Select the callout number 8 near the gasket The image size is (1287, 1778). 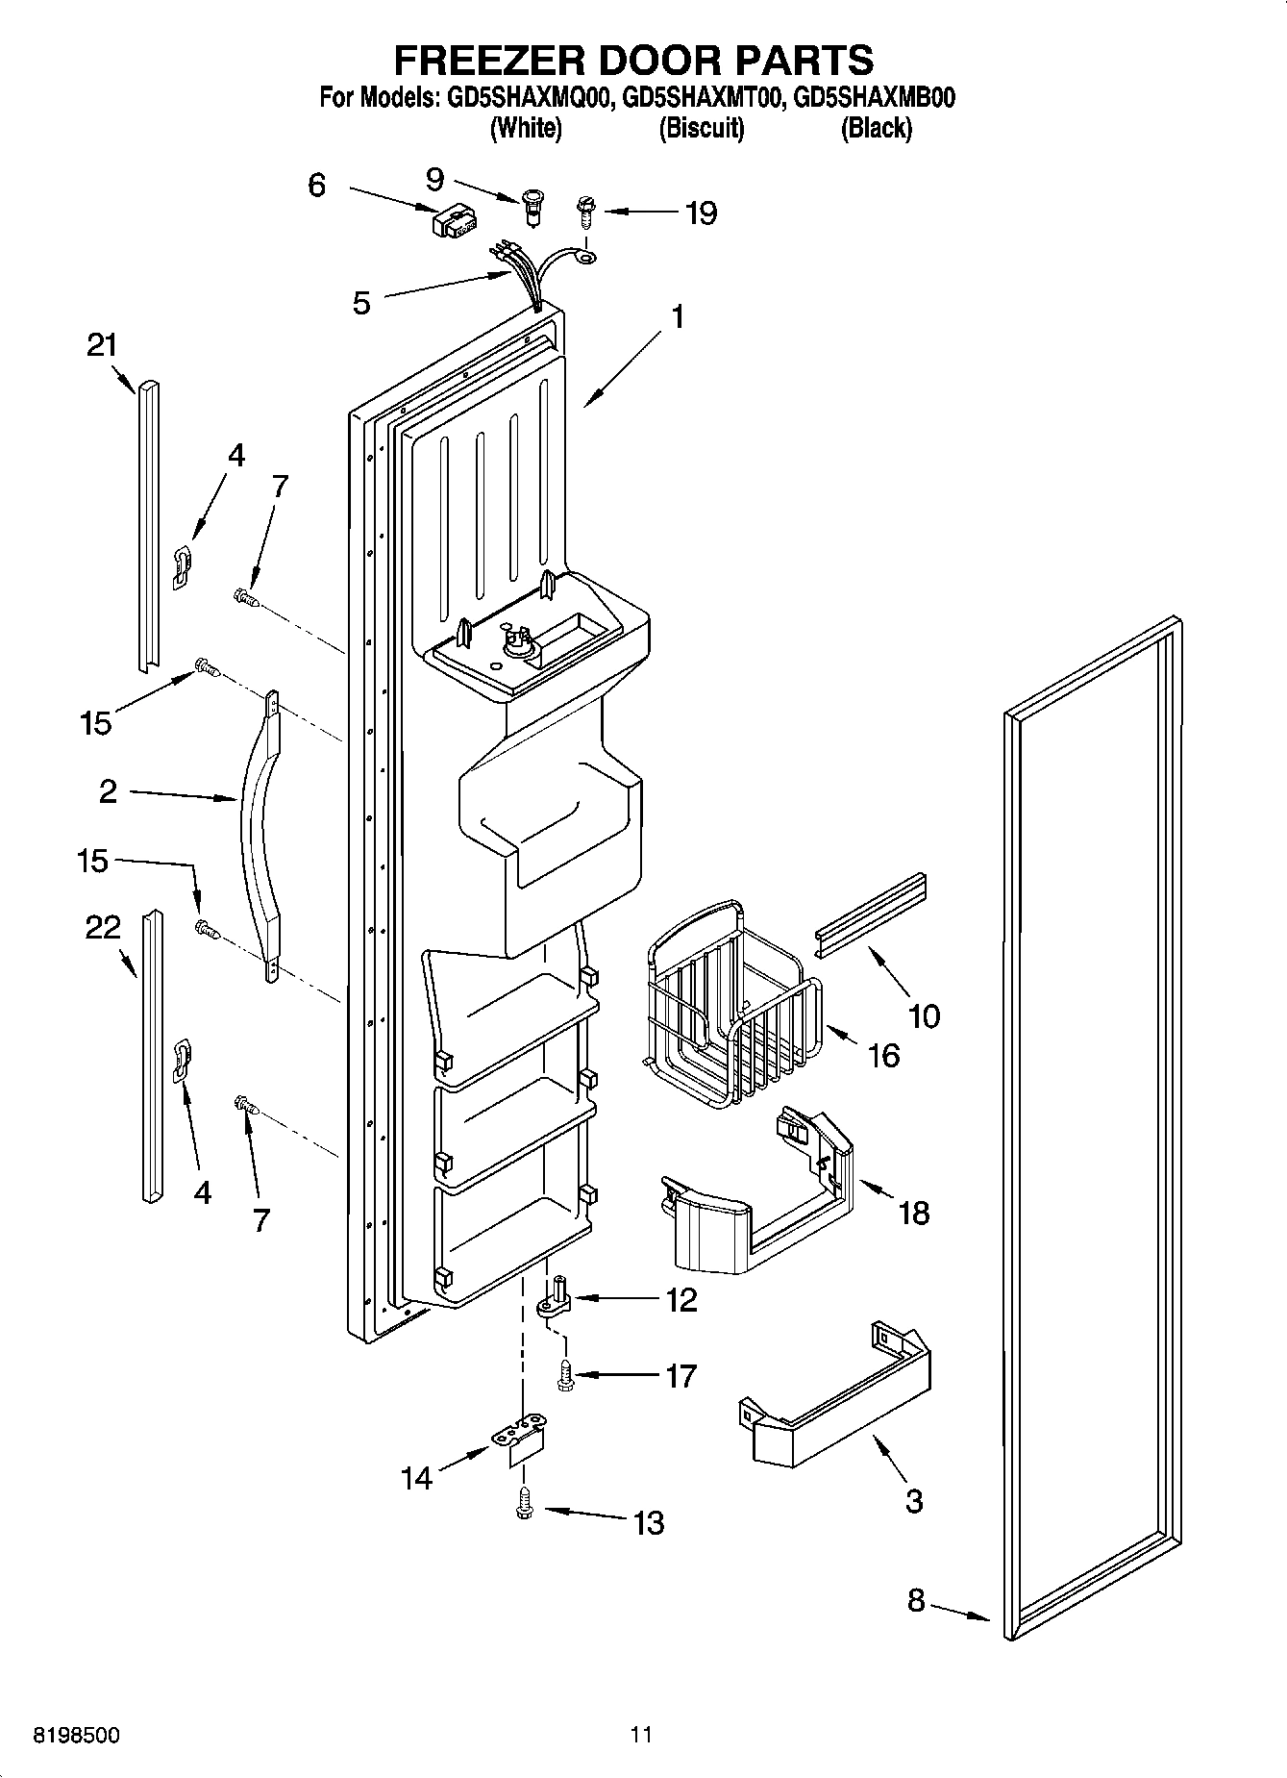point(915,1600)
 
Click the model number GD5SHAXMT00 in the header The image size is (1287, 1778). point(701,98)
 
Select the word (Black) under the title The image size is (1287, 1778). point(876,128)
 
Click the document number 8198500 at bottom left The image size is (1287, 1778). point(77,1736)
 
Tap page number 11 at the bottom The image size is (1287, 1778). point(641,1736)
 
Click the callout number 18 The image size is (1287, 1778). point(913,1213)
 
